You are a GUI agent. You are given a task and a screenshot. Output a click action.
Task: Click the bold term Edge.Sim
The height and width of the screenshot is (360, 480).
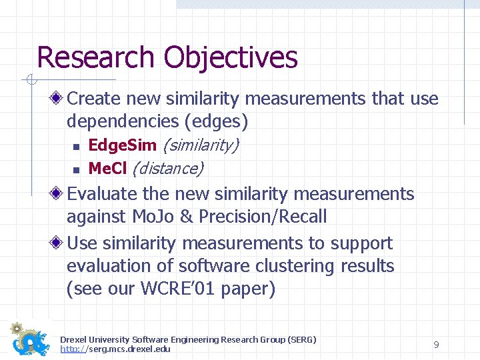(123, 145)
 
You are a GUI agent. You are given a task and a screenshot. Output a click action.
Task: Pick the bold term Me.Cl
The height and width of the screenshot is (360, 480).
(107, 168)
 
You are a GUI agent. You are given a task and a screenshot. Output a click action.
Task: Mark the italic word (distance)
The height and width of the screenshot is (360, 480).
(167, 168)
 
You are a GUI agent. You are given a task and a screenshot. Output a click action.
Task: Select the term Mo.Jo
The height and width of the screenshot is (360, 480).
(155, 217)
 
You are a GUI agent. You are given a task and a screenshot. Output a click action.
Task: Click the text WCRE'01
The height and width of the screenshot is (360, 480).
(170, 289)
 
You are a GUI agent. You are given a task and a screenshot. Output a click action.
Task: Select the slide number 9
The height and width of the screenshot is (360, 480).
(436, 345)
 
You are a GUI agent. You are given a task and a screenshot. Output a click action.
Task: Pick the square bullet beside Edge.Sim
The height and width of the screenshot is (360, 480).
(76, 146)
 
